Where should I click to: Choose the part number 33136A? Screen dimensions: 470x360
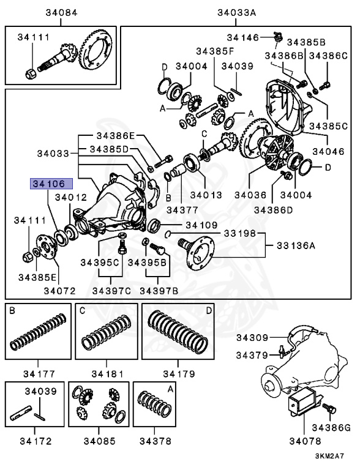click(x=293, y=247)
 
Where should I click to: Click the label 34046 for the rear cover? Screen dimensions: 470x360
click(x=329, y=149)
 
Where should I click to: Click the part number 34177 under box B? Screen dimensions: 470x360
click(x=36, y=373)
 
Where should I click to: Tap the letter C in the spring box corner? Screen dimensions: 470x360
click(x=81, y=311)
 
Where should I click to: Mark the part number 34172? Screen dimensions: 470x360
click(x=36, y=440)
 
